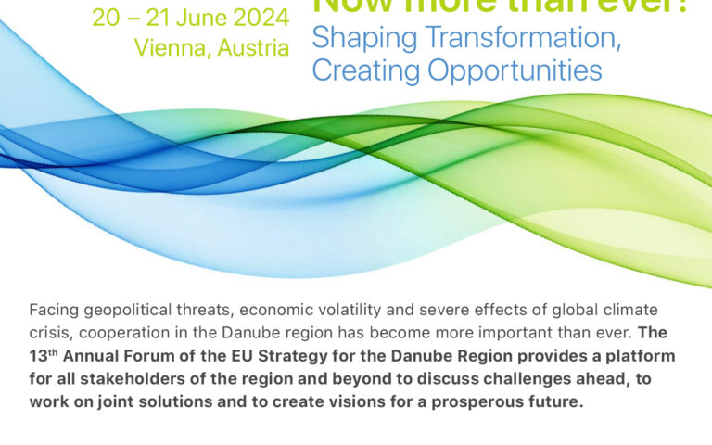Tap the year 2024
(x=261, y=19)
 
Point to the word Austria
(x=252, y=48)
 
